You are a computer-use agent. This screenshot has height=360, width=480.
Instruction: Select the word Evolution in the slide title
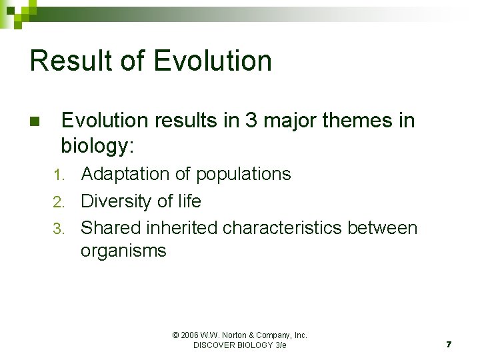coord(213,61)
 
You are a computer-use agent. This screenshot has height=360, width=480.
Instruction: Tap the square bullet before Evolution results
coord(35,122)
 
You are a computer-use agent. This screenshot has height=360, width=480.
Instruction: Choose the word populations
coord(243,175)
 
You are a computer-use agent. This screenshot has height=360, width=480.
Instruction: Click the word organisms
coord(123,251)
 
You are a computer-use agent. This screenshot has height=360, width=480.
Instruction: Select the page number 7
coord(449,344)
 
